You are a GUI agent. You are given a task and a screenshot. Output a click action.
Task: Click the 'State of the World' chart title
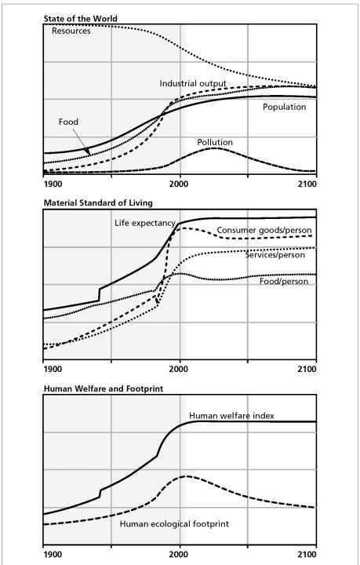click(80, 18)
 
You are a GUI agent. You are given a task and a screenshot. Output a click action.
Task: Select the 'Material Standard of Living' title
click(98, 203)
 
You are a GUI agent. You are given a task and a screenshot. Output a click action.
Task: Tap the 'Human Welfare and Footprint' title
click(104, 388)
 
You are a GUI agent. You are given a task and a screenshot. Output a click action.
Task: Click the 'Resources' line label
click(71, 31)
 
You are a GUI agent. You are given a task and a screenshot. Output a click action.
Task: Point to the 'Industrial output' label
click(193, 84)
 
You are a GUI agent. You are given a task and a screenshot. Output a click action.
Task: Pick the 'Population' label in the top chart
click(285, 108)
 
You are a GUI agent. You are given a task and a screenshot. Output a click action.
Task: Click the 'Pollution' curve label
click(215, 142)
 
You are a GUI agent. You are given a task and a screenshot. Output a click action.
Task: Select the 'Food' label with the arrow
click(68, 122)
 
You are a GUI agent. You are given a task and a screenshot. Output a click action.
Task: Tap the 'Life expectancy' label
click(145, 224)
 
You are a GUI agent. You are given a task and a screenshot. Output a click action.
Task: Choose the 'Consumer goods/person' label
click(264, 230)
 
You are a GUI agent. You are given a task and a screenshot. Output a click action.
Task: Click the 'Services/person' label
click(275, 255)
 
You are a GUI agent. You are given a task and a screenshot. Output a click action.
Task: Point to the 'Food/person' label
click(284, 282)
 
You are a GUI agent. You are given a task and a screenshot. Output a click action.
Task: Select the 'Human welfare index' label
click(231, 416)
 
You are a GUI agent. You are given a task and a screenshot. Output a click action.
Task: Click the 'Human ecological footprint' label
click(174, 524)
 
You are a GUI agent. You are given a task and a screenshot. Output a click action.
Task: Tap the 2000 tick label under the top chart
click(180, 184)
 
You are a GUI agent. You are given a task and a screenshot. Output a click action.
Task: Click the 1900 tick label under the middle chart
click(53, 370)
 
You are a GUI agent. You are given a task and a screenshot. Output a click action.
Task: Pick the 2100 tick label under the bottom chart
click(307, 555)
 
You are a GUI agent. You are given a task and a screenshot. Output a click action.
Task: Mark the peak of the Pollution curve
click(214, 148)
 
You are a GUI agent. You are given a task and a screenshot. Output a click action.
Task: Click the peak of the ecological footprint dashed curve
click(185, 476)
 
